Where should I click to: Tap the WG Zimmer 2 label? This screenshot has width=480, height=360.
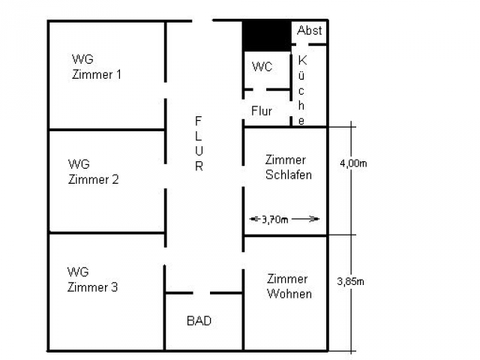coord(93,171)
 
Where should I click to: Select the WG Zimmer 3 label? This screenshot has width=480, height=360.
coord(92,279)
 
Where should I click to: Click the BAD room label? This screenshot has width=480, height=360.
coord(199,321)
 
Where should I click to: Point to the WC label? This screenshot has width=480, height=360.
coord(262,67)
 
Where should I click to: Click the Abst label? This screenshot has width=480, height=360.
coord(309,31)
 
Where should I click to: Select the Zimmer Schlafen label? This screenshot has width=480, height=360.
coord(288,167)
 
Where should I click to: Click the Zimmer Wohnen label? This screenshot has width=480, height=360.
coord(289,286)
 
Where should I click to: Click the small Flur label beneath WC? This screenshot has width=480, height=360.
coord(262,111)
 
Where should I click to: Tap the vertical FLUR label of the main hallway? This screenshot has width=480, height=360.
coord(199,143)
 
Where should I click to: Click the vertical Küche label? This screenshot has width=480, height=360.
coord(302,90)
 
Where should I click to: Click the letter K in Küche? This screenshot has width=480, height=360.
coord(302,60)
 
